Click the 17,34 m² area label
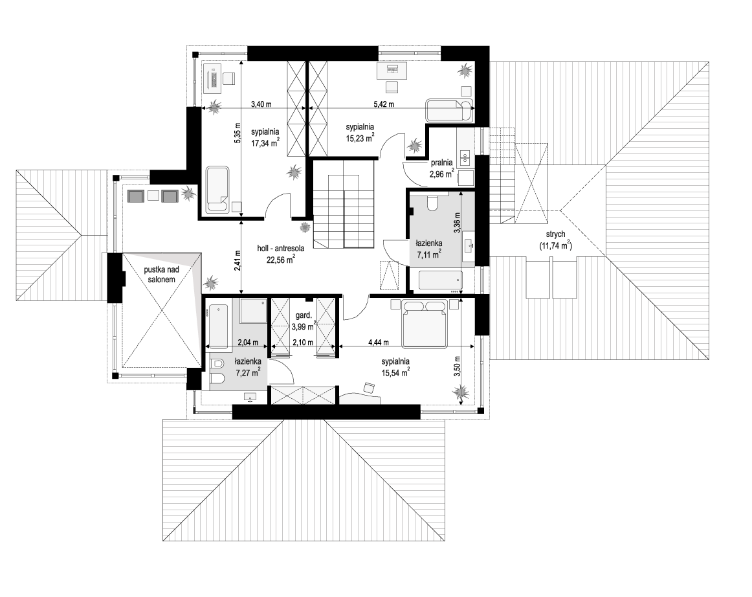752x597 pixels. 265,142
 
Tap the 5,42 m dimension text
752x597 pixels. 384,104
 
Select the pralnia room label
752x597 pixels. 442,163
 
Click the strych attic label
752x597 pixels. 555,234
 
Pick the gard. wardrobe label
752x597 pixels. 304,315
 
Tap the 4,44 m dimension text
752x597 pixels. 379,342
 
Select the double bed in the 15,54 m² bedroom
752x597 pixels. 425,323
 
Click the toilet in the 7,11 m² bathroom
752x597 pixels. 433,202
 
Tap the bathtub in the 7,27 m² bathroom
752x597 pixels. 218,326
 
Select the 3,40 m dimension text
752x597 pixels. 261,104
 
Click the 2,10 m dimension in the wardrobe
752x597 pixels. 303,342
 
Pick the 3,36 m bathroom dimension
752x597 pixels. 457,223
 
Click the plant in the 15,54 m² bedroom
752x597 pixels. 461,392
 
